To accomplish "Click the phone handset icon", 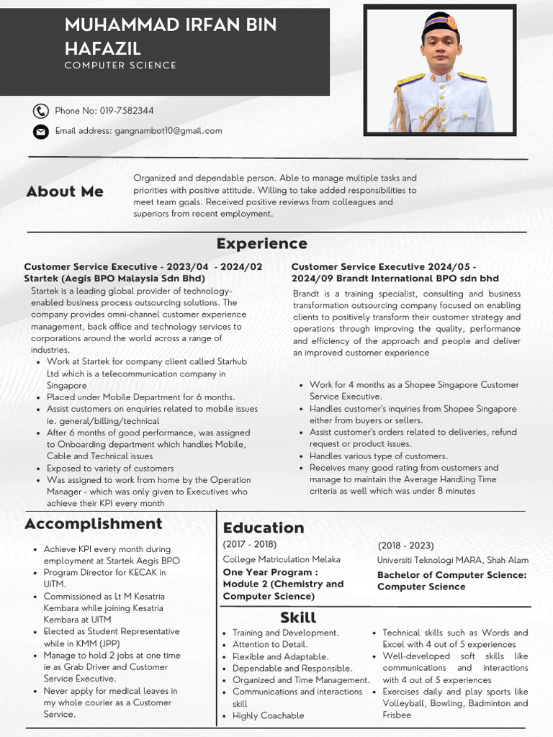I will click(x=40, y=111).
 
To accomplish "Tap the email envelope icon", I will click(x=40, y=132).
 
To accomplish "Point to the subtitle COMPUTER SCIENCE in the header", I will click(x=120, y=65).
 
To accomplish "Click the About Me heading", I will click(x=65, y=191).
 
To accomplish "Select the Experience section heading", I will click(x=261, y=243).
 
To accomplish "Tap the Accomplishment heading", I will click(x=94, y=523).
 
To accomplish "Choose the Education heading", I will click(x=264, y=528).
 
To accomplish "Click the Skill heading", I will click(x=298, y=618).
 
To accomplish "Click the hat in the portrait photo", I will click(x=440, y=24).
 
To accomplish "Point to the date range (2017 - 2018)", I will click(x=250, y=544).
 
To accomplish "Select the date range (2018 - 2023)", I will click(x=406, y=546).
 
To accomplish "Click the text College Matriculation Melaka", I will click(x=282, y=559).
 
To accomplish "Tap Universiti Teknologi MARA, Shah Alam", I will click(x=452, y=560).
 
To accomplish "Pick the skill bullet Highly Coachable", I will click(x=268, y=715).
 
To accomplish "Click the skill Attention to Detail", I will click(x=270, y=645).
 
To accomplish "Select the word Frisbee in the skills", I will click(x=397, y=715).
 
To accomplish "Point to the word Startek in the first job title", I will click(x=42, y=278).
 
